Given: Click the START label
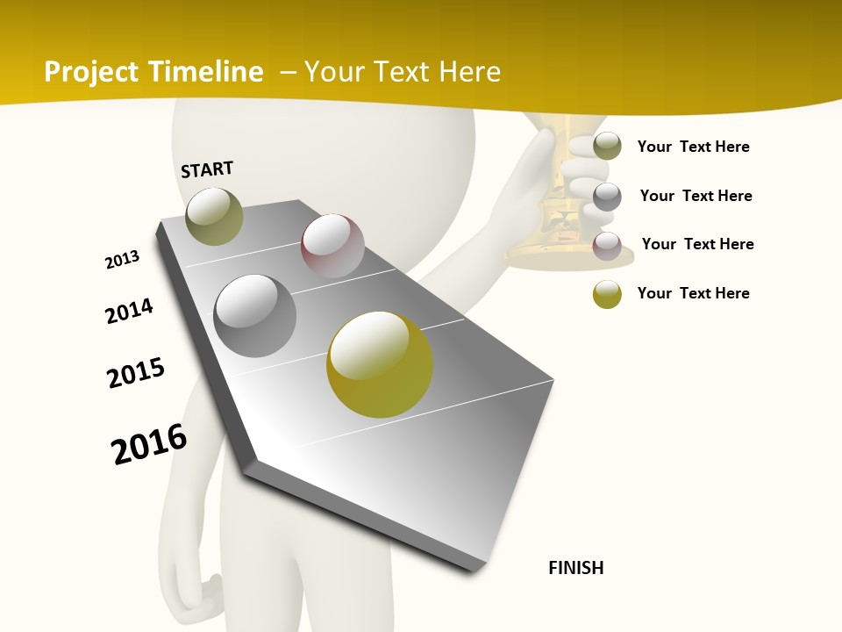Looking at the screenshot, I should point(207,169).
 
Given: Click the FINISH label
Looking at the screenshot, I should point(575,568).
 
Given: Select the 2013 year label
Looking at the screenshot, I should point(123,260).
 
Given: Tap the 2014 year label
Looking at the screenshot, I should point(130,311).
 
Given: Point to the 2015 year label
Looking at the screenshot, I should point(136,373).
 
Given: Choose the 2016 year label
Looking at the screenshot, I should point(149,443).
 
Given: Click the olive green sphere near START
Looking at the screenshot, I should point(214,216).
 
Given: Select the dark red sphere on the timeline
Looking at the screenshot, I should point(332,246).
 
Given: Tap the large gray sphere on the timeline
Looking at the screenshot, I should point(255,316).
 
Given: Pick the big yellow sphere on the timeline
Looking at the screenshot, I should point(380,364).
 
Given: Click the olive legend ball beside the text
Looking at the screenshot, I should point(607,146).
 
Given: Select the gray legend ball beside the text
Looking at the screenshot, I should point(607,197).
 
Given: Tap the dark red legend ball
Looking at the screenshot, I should point(607,246).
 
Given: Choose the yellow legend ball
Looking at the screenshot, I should point(607,294).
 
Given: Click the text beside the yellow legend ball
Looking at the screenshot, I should point(693,293).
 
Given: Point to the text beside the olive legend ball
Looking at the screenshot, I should point(693,147).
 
